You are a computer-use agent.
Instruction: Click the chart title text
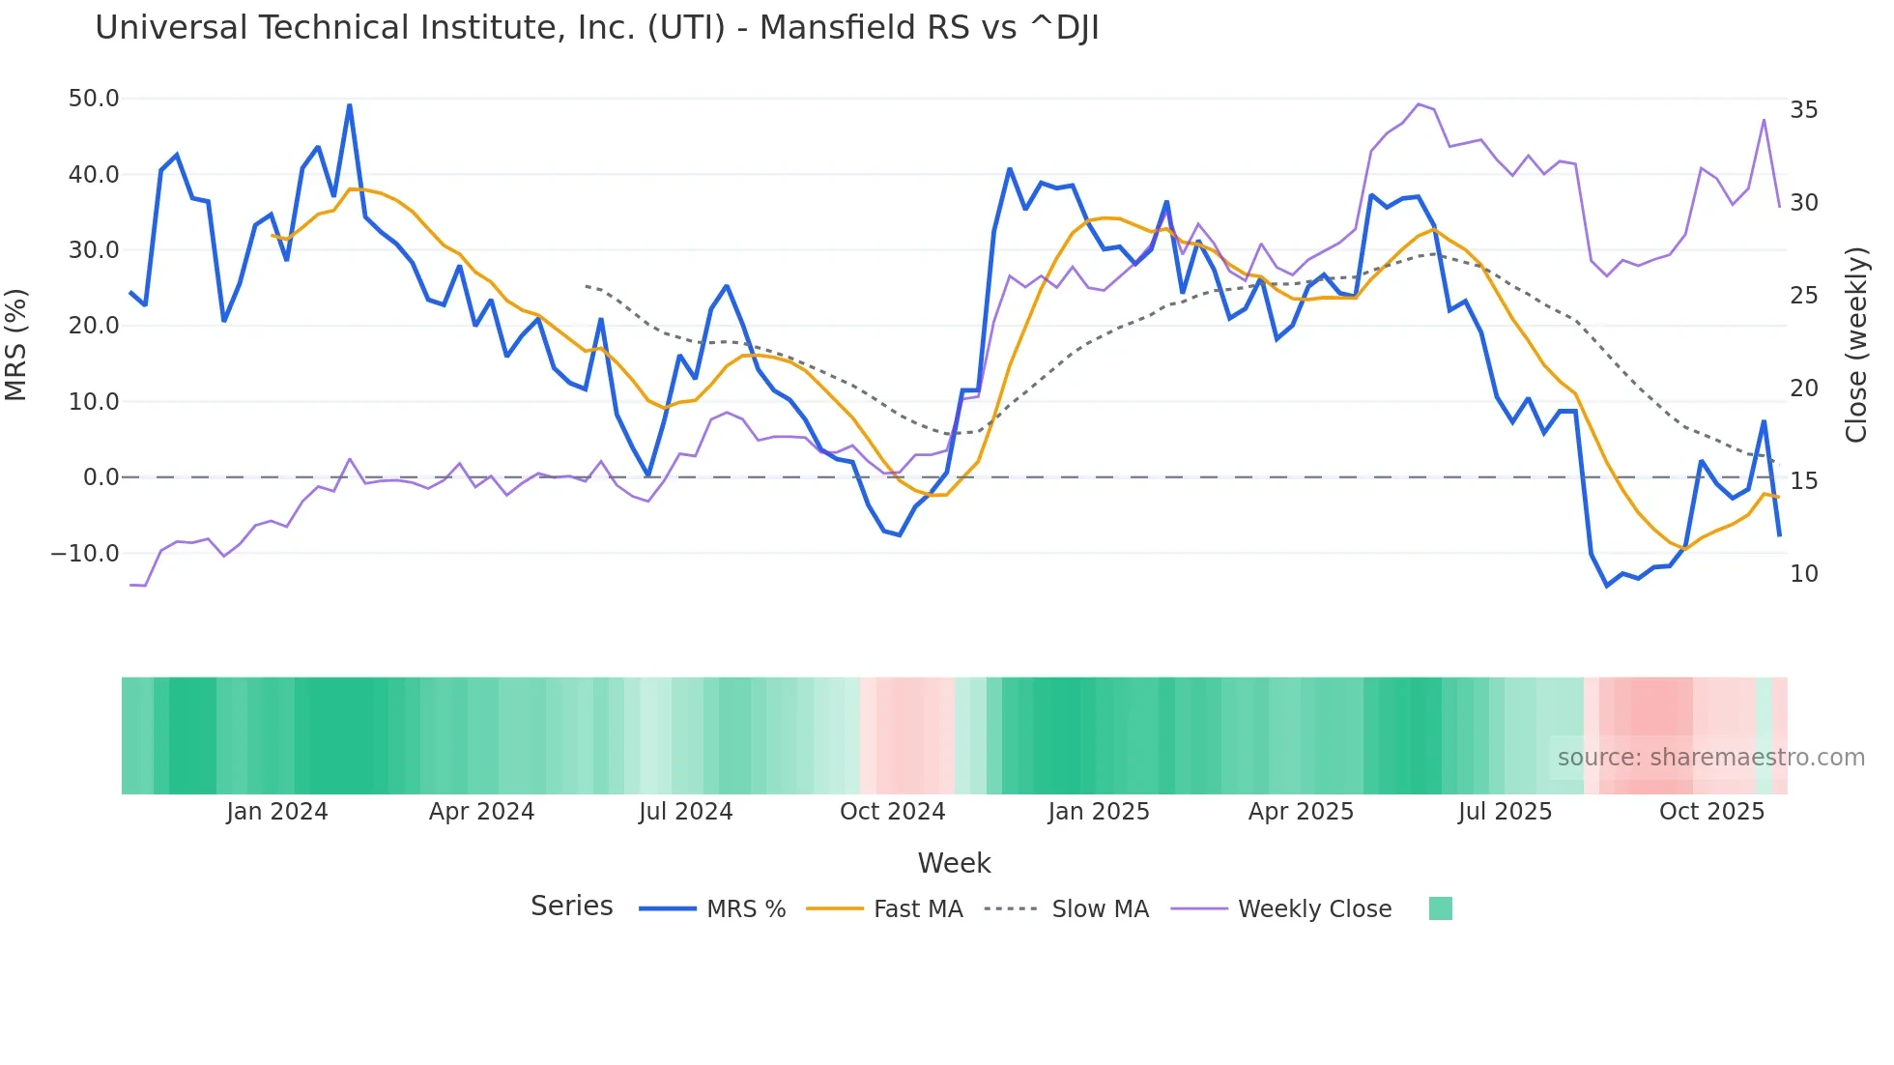(596, 28)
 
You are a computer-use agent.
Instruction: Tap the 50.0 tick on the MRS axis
(94, 99)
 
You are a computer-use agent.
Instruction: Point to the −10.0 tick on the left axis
(85, 554)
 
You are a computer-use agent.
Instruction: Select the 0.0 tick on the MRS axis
(100, 477)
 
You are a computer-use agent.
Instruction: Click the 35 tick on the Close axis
(1803, 110)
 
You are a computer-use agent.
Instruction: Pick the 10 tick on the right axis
(1803, 574)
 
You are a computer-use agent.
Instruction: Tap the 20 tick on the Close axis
(1803, 389)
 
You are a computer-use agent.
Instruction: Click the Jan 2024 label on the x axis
(277, 812)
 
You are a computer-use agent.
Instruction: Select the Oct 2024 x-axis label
(892, 812)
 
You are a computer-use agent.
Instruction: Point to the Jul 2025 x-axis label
(1505, 812)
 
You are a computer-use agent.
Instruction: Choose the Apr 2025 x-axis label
(1301, 812)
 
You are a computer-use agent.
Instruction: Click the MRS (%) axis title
(16, 344)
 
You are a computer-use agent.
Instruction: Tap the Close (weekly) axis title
(1856, 345)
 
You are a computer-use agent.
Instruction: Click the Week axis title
(954, 863)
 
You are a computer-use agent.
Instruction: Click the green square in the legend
(1440, 908)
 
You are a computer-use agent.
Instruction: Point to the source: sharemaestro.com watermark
(1710, 758)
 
